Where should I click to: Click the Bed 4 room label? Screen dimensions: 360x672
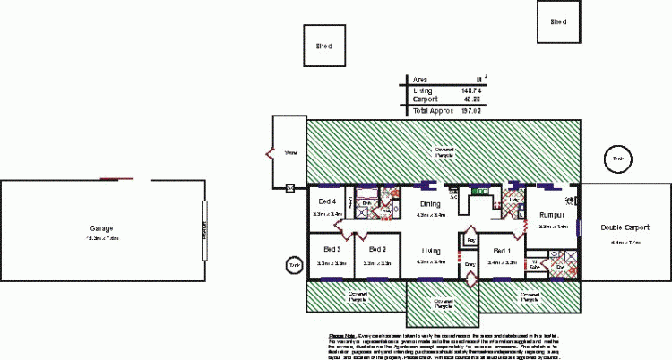tap(327, 201)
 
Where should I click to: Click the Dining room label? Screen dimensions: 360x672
tap(430, 203)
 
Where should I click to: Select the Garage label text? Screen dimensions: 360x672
tap(101, 227)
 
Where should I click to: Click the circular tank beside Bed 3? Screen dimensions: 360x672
tap(293, 266)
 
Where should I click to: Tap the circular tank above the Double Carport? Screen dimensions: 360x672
tap(617, 159)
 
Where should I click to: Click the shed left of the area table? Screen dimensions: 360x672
tap(324, 46)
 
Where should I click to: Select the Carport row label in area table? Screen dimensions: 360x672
tap(426, 99)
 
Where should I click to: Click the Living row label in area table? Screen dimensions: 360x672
tap(422, 90)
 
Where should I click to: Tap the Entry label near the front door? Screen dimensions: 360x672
tap(470, 265)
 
